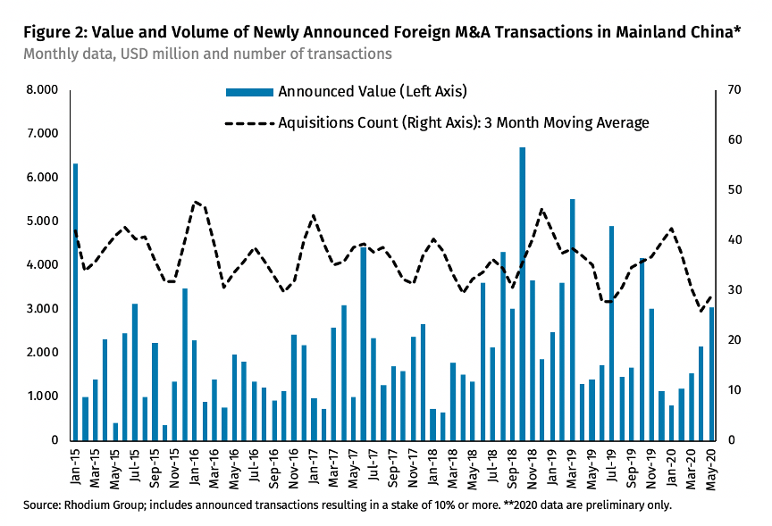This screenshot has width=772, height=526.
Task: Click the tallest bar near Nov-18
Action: [523, 294]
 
